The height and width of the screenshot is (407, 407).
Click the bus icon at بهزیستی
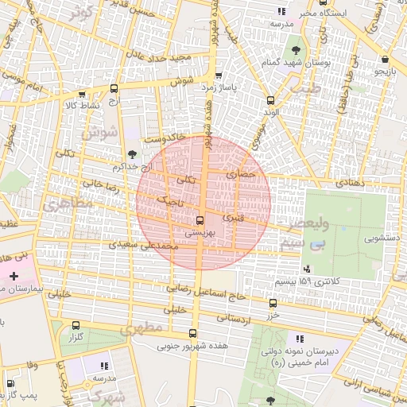click(199, 220)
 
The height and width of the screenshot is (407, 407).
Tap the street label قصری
click(236, 217)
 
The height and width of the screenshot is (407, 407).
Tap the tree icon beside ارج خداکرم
click(132, 155)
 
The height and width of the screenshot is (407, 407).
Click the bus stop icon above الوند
click(270, 100)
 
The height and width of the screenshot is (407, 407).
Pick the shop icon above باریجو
click(385, 59)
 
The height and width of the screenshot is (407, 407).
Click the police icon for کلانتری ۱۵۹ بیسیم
click(308, 269)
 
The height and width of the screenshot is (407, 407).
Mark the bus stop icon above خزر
click(273, 303)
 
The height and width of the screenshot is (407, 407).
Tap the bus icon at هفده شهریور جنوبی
click(192, 334)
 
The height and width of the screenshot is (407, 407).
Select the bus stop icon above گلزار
click(76, 325)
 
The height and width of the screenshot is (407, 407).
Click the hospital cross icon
click(13, 275)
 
